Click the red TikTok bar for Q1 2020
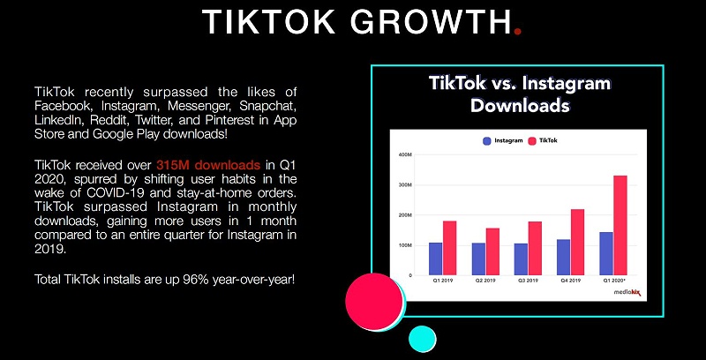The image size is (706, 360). (620, 225)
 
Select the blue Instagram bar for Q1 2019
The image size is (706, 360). (435, 258)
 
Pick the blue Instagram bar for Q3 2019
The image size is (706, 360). (520, 259)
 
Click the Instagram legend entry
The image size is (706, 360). (503, 140)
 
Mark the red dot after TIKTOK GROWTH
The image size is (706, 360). (518, 30)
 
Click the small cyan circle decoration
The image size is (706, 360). (423, 338)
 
